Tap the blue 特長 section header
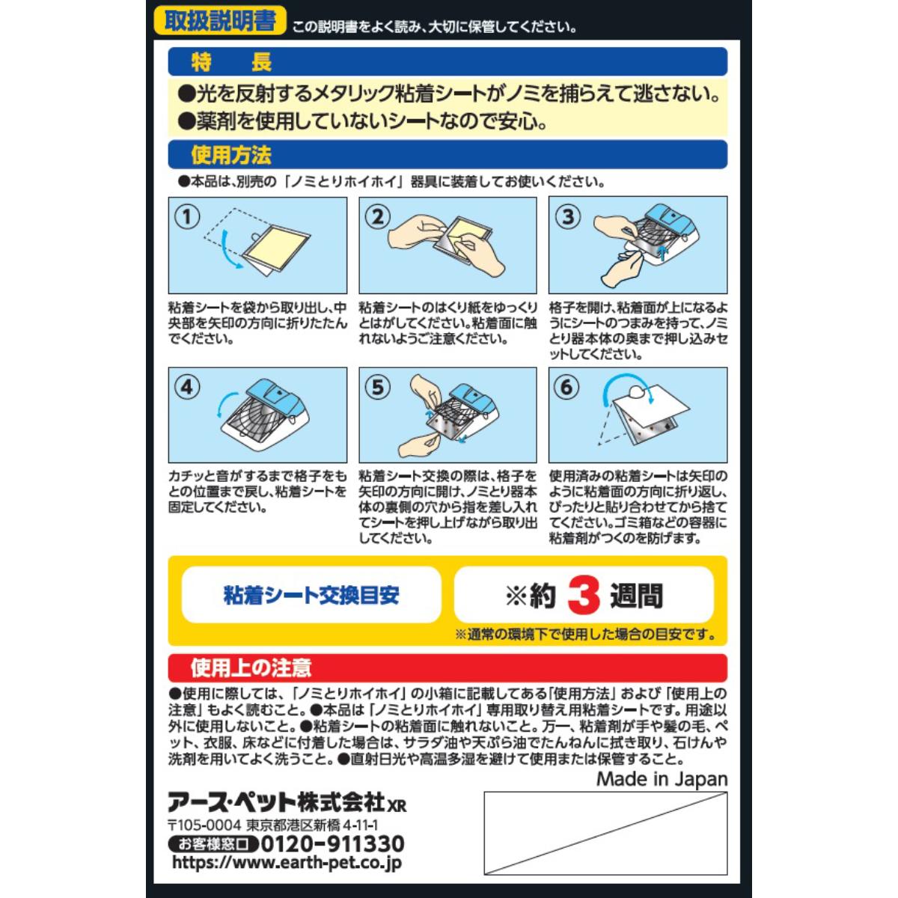[x=448, y=61]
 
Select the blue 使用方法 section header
[x=448, y=155]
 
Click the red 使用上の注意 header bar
[x=448, y=668]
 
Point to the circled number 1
[x=187, y=217]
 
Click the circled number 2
[x=378, y=217]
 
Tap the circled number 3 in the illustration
[x=567, y=217]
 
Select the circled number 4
[x=187, y=387]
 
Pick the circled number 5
[x=378, y=387]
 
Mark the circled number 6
[x=567, y=387]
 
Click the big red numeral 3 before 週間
[x=584, y=596]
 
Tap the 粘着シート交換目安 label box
[x=311, y=595]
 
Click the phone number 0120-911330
[x=332, y=844]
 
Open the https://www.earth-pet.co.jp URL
[x=287, y=862]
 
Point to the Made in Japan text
[x=662, y=779]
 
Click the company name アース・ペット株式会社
[x=277, y=802]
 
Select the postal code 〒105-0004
[x=204, y=825]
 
